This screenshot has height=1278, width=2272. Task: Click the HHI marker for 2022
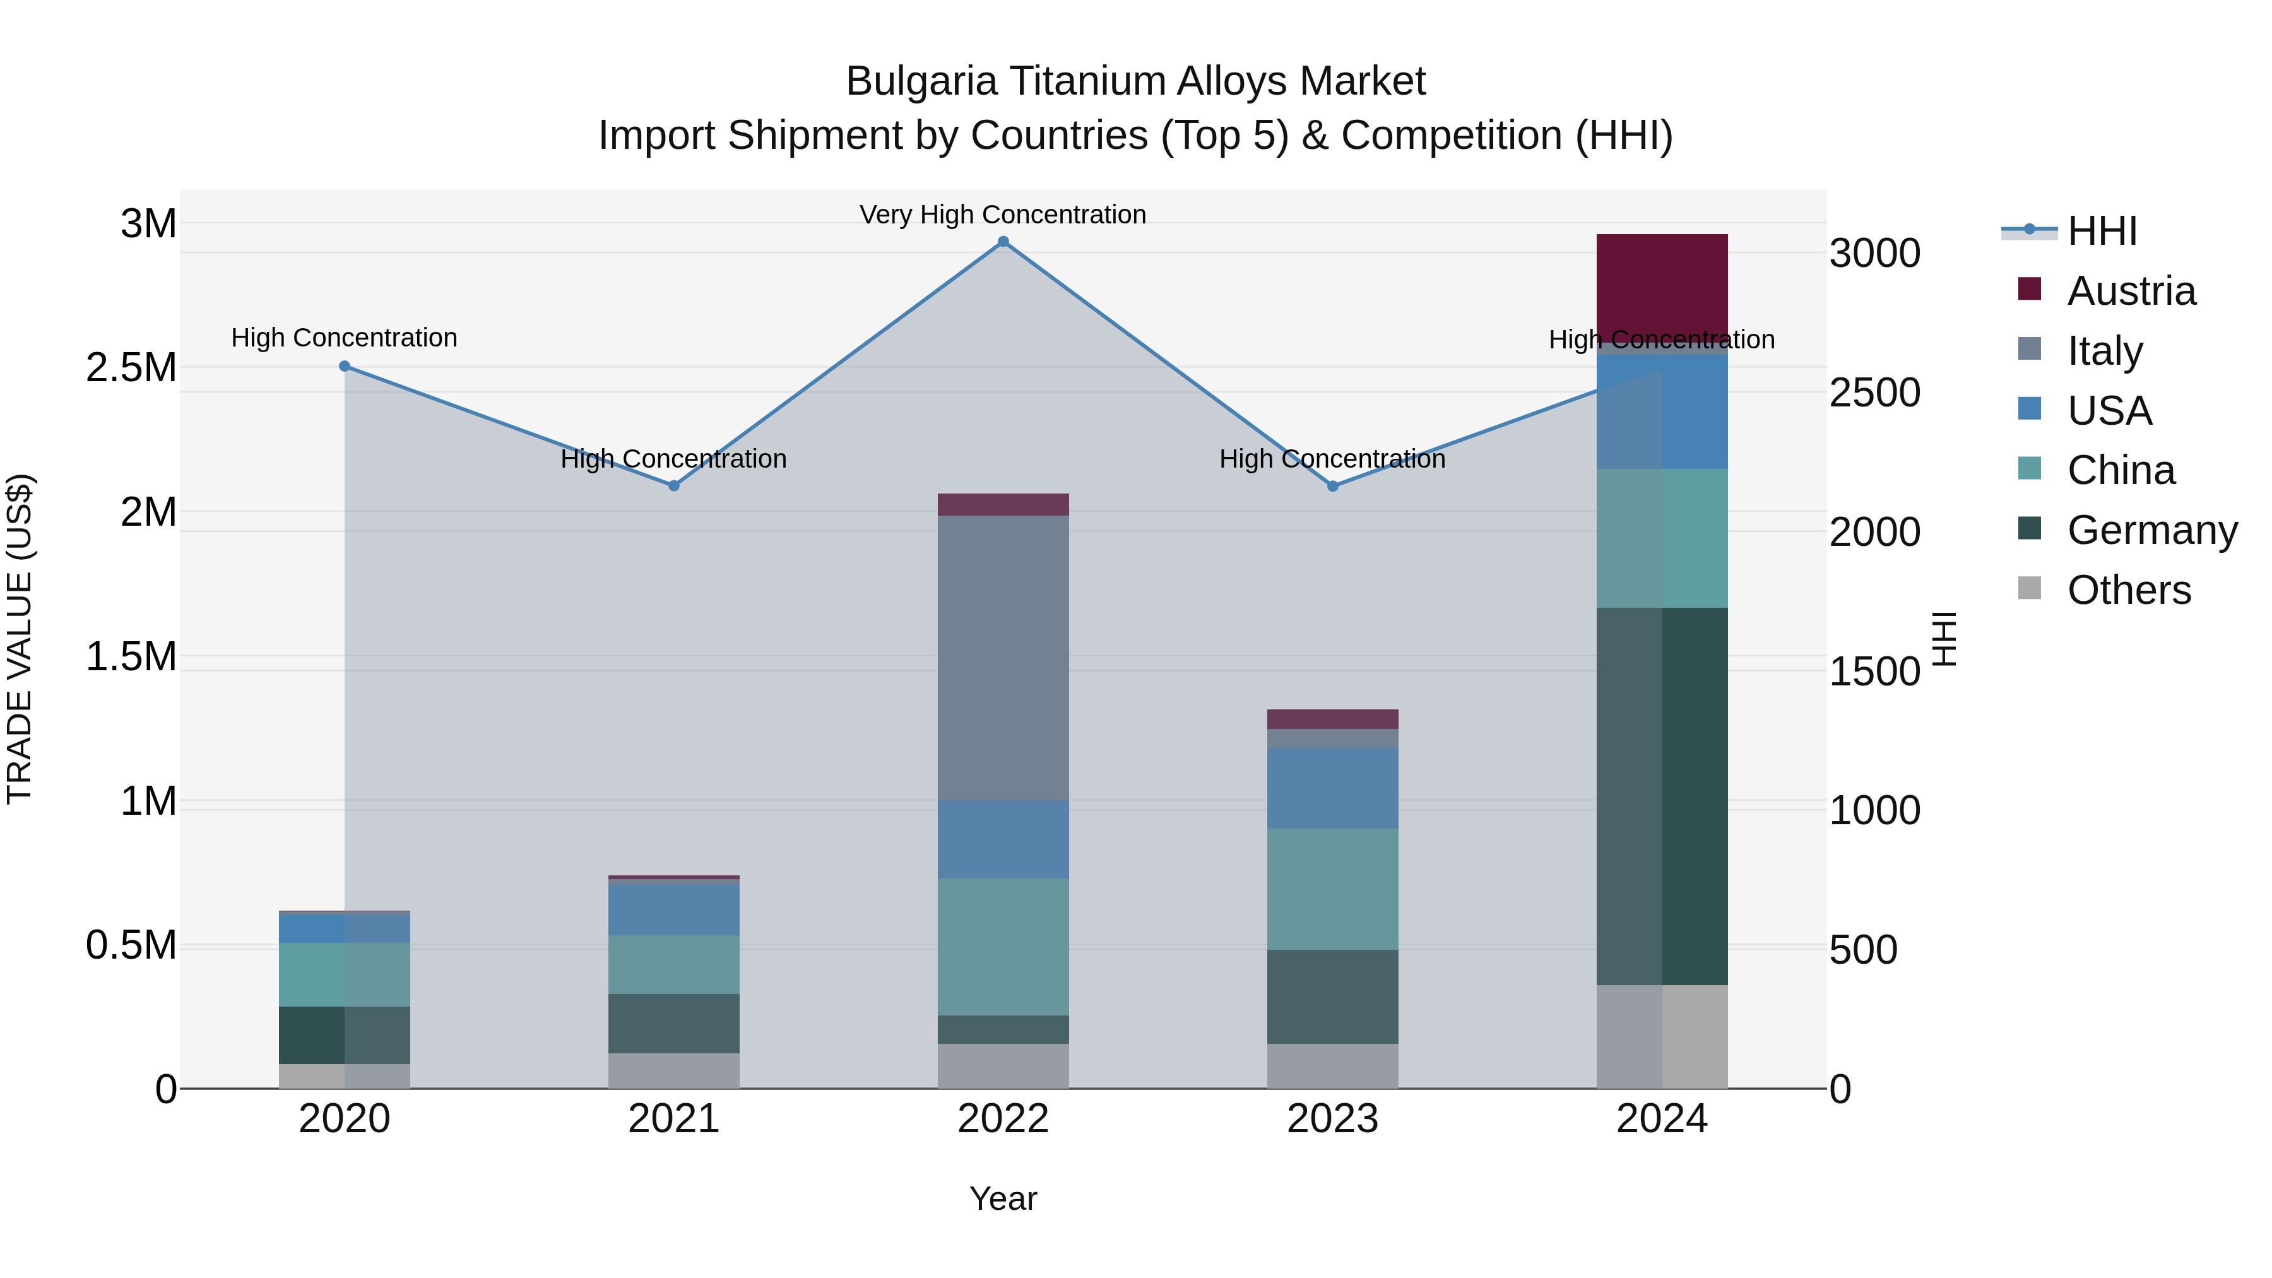coord(1003,242)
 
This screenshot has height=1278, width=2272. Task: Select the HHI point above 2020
coord(345,366)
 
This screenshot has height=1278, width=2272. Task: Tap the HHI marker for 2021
coord(674,486)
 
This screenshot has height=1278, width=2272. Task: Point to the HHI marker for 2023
coord(1333,486)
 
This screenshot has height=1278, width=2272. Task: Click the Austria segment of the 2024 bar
coord(1662,287)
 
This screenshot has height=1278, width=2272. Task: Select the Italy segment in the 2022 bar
coord(1003,657)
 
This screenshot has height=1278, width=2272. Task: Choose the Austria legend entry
coord(2131,291)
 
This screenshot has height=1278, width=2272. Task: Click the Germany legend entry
coord(2152,530)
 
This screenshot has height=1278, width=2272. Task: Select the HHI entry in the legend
coord(2102,231)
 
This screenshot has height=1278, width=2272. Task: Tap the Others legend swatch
coord(2030,588)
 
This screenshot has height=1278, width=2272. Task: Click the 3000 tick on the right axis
coord(1874,254)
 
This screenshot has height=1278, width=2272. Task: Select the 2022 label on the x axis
coord(1003,1119)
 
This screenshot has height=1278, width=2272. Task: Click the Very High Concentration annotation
coord(1003,215)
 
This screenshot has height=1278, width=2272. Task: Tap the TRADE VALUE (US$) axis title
coord(20,639)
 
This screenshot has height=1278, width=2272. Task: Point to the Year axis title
coord(1003,1198)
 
